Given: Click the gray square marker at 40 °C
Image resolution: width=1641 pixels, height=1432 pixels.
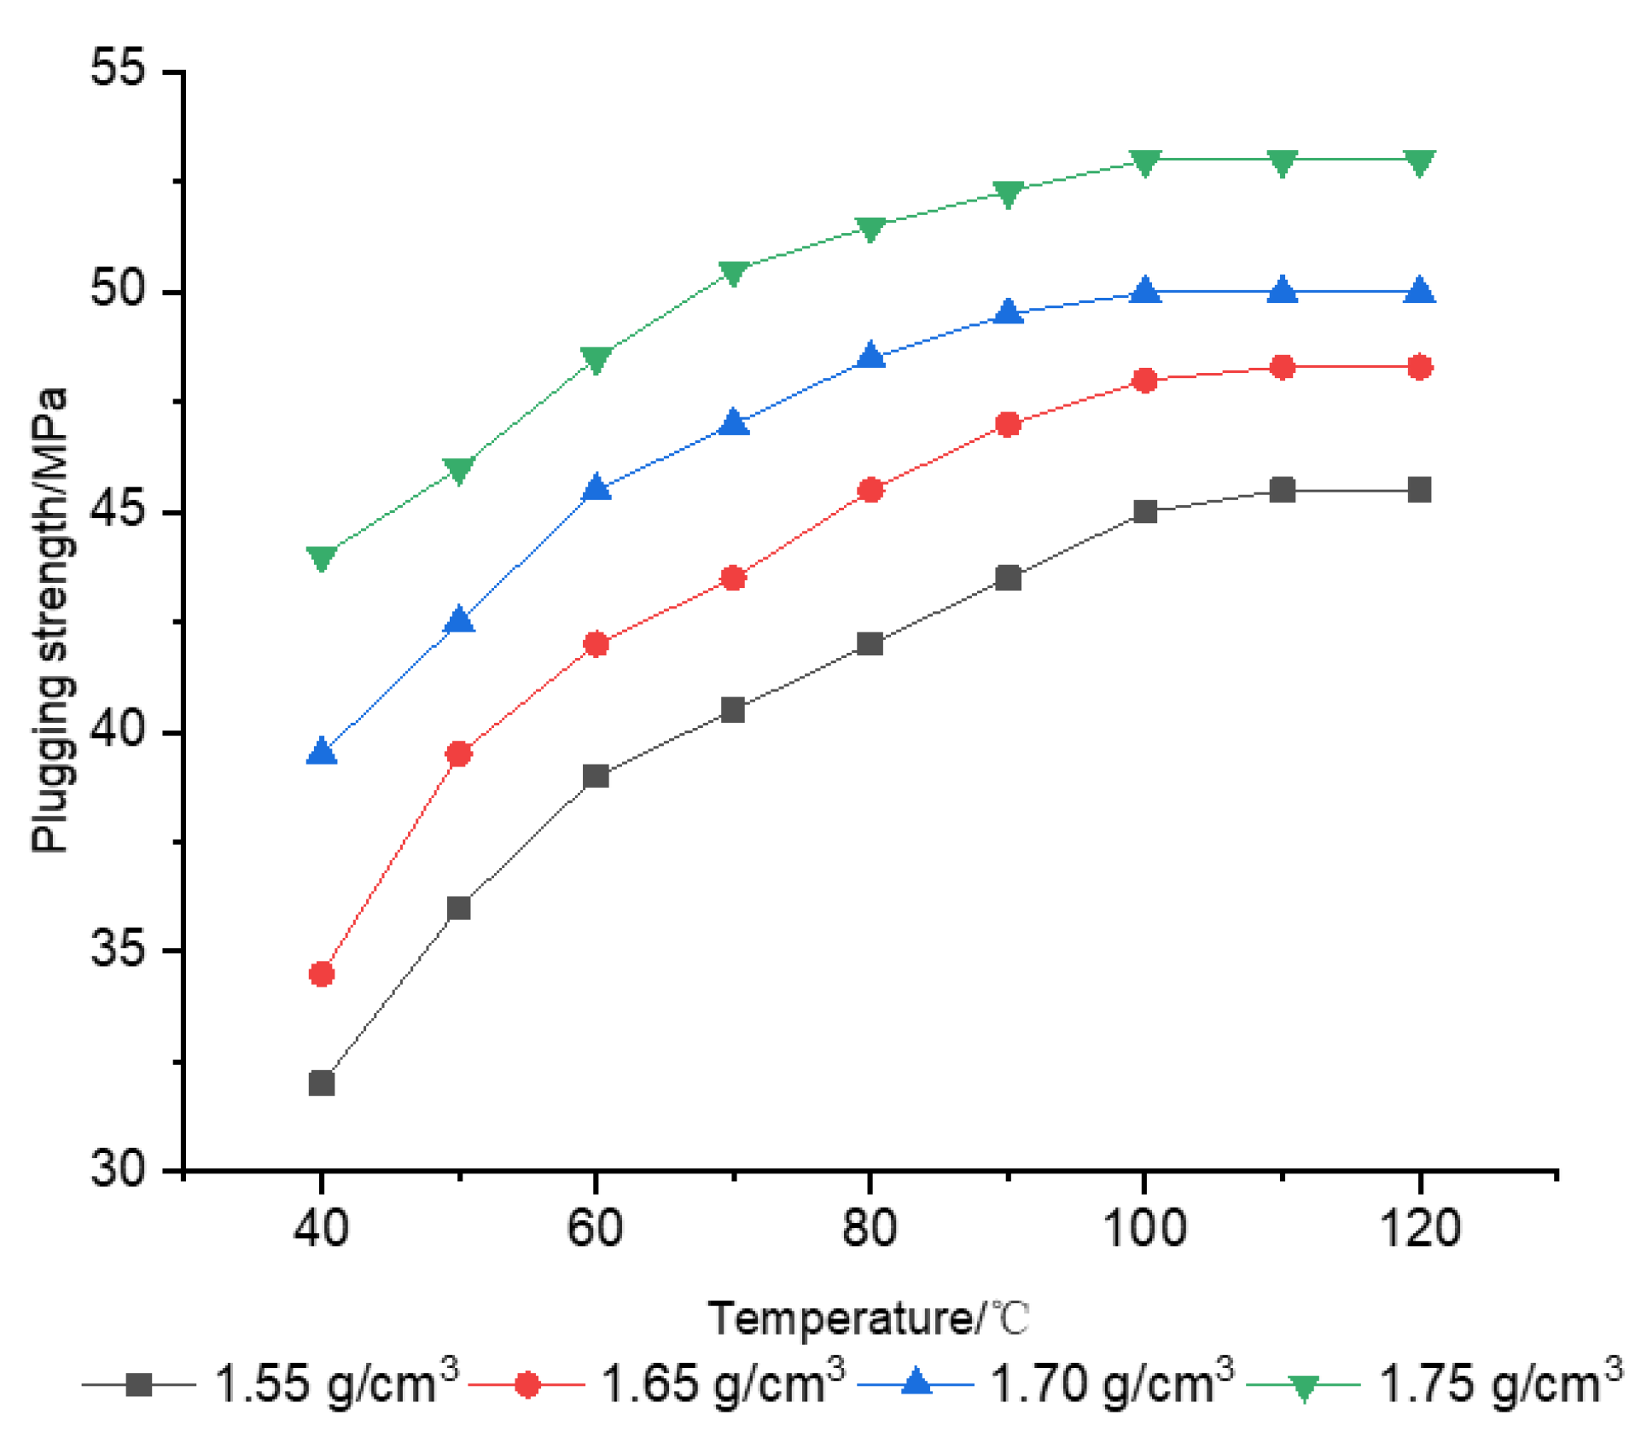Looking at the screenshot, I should tap(321, 1083).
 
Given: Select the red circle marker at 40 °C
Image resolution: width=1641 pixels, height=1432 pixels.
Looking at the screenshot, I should tap(321, 974).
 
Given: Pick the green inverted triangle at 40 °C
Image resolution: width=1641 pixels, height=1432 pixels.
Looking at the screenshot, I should tap(321, 557).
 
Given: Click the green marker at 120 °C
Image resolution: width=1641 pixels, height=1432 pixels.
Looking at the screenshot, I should tap(1419, 161).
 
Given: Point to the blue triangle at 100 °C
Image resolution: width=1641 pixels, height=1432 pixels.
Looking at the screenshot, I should tap(1144, 292).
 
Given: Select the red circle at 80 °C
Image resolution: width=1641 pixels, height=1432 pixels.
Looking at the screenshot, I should tap(870, 490).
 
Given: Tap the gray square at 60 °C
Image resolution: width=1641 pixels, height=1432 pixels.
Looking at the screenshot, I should tap(596, 776).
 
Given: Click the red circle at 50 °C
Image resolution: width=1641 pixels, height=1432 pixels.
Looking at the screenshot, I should tap(459, 754).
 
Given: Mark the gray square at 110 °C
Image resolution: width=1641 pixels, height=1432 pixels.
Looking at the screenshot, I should tap(1282, 490).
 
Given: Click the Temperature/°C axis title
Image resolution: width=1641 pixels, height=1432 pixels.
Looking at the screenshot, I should tap(869, 1318).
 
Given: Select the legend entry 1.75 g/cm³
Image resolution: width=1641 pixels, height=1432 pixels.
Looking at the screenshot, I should tap(1499, 1383).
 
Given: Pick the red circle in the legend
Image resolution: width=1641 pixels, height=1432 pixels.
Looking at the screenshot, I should tap(527, 1384).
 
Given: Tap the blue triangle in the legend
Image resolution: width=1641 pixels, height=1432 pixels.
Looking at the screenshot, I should tap(916, 1383).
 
